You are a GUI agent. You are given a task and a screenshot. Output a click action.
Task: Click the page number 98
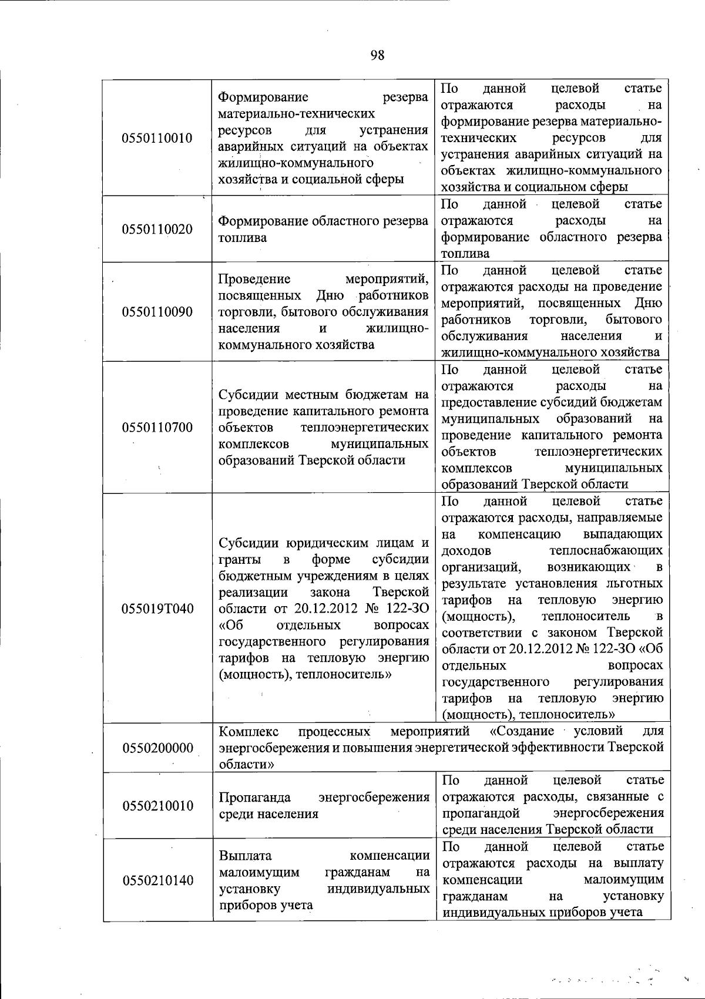point(378,55)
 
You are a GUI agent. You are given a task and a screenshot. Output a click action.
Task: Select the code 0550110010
point(157,139)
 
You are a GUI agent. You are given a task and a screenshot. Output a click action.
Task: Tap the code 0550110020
point(157,229)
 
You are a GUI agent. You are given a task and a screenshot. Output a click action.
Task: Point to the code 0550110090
point(157,312)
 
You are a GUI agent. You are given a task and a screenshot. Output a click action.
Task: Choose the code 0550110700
point(157,427)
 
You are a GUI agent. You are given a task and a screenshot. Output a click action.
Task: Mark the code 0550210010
point(157,805)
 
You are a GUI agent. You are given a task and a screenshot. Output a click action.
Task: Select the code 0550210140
point(157,880)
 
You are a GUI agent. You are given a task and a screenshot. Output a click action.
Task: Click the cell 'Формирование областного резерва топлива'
point(323,229)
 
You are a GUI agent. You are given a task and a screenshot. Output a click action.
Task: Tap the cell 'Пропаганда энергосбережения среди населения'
point(323,805)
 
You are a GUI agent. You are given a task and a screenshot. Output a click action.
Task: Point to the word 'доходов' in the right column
point(466,551)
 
